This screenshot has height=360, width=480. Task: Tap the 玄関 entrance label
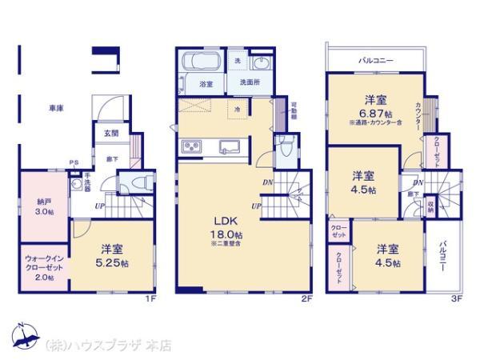click(110, 133)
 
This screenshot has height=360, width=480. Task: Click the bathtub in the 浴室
click(202, 63)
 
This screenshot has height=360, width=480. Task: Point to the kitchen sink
click(229, 147)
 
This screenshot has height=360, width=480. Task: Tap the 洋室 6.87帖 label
click(372, 106)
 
